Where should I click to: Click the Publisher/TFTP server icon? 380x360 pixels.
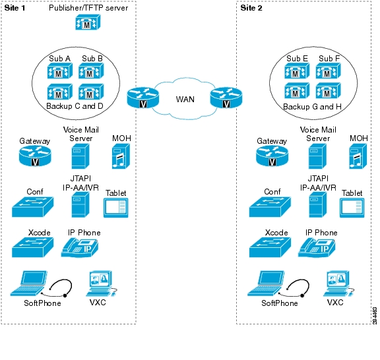(88, 22)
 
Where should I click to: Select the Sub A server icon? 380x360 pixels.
(60, 71)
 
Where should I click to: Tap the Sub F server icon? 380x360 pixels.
(329, 71)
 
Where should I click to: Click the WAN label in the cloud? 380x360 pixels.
(185, 100)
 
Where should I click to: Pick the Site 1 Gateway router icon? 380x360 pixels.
(35, 156)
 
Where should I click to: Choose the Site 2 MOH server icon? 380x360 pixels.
(358, 156)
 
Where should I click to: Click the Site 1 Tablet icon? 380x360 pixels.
(116, 208)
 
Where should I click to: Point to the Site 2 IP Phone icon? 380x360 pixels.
(317, 248)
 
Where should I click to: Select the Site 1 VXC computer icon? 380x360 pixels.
(101, 284)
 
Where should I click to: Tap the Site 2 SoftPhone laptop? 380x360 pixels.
(266, 284)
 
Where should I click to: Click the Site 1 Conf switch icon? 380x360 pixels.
(33, 207)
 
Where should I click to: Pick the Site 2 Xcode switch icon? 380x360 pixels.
(270, 247)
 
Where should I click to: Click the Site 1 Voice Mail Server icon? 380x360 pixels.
(80, 156)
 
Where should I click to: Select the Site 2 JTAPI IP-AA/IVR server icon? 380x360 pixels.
(318, 205)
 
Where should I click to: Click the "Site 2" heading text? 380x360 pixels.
(251, 8)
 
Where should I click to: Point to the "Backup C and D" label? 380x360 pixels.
(75, 106)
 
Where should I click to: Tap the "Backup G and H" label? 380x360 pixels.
(312, 107)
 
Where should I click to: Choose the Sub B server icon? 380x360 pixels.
(91, 71)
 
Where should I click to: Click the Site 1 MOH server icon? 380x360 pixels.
(121, 156)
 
